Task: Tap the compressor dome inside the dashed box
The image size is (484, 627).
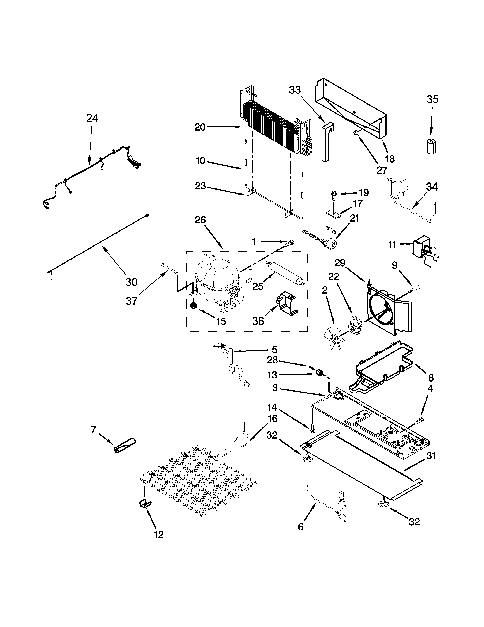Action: pyautogui.click(x=217, y=276)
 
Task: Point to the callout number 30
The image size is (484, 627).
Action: pyautogui.click(x=132, y=282)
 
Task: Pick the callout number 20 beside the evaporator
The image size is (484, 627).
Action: pyautogui.click(x=200, y=127)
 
